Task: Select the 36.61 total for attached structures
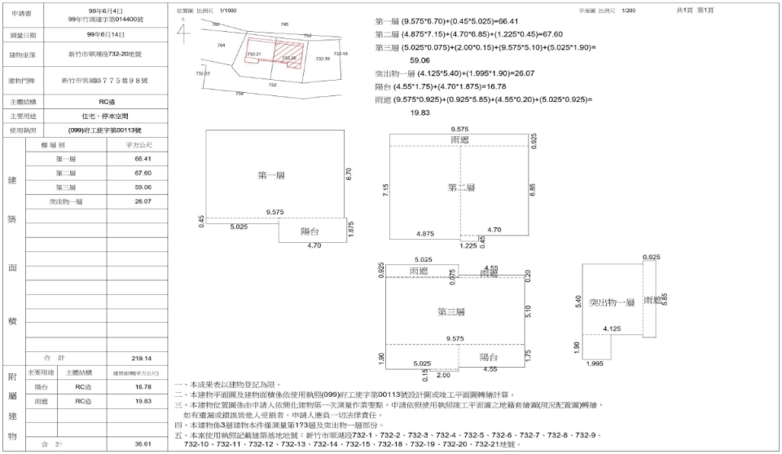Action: tap(143, 443)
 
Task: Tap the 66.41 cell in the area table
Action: tap(143, 158)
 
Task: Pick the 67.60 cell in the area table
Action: tap(143, 173)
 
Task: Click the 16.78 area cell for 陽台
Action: tap(143, 387)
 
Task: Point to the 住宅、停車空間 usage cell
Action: tap(94, 116)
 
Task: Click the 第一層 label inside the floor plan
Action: tap(271, 175)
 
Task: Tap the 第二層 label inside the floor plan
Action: tap(460, 187)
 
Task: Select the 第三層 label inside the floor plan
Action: tap(450, 311)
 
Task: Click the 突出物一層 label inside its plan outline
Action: tap(612, 302)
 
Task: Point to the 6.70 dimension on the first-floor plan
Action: tap(349, 174)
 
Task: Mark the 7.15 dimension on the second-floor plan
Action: tap(385, 189)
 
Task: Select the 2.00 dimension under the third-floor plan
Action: tap(443, 375)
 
